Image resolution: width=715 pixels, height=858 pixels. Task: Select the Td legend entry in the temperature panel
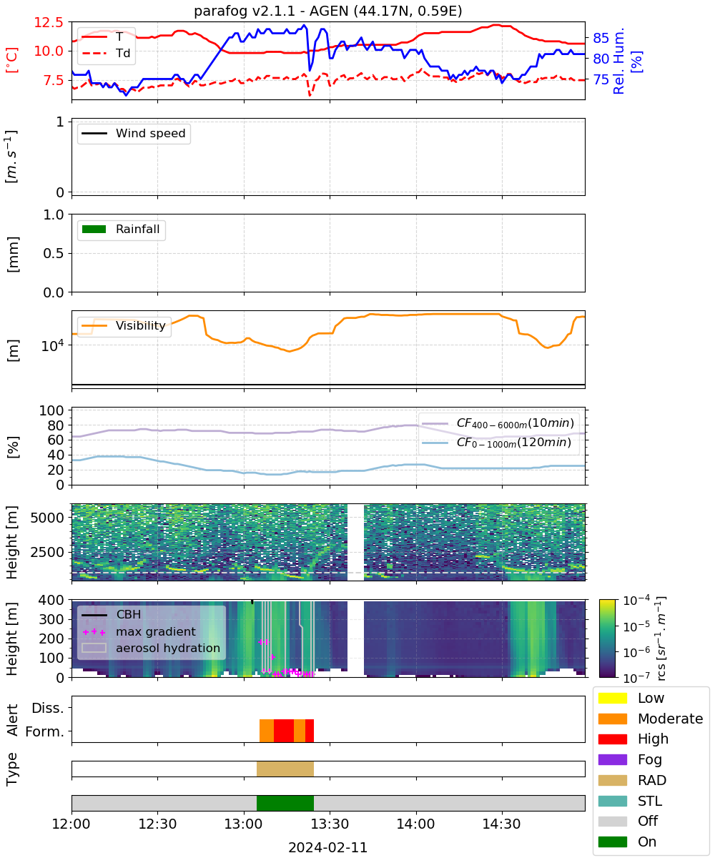(106, 53)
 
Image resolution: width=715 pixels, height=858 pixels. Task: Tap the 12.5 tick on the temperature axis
(49, 22)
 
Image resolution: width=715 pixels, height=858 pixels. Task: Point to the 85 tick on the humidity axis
(601, 38)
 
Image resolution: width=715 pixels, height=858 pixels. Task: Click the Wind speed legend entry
(134, 133)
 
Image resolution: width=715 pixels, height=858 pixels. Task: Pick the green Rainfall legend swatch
(94, 230)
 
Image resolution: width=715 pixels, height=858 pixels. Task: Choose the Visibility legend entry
(123, 325)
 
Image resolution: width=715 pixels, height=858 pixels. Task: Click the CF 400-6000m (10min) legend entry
(498, 423)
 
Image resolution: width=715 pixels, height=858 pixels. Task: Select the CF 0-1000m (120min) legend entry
(496, 443)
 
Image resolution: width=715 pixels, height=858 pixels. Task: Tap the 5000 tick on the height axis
(47, 518)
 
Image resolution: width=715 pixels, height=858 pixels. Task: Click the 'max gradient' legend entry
(139, 631)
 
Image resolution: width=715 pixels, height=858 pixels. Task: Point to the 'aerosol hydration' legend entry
(151, 648)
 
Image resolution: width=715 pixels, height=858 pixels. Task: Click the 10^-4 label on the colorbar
(636, 601)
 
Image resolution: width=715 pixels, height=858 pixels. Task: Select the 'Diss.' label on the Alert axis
(48, 708)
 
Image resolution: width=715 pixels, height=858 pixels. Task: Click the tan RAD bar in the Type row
(285, 769)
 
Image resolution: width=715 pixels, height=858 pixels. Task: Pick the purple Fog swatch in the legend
(612, 760)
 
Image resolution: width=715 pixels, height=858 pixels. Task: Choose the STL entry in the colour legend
(630, 801)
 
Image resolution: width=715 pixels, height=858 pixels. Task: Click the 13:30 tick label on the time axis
(330, 824)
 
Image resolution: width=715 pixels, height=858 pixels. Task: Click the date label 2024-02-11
(328, 847)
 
